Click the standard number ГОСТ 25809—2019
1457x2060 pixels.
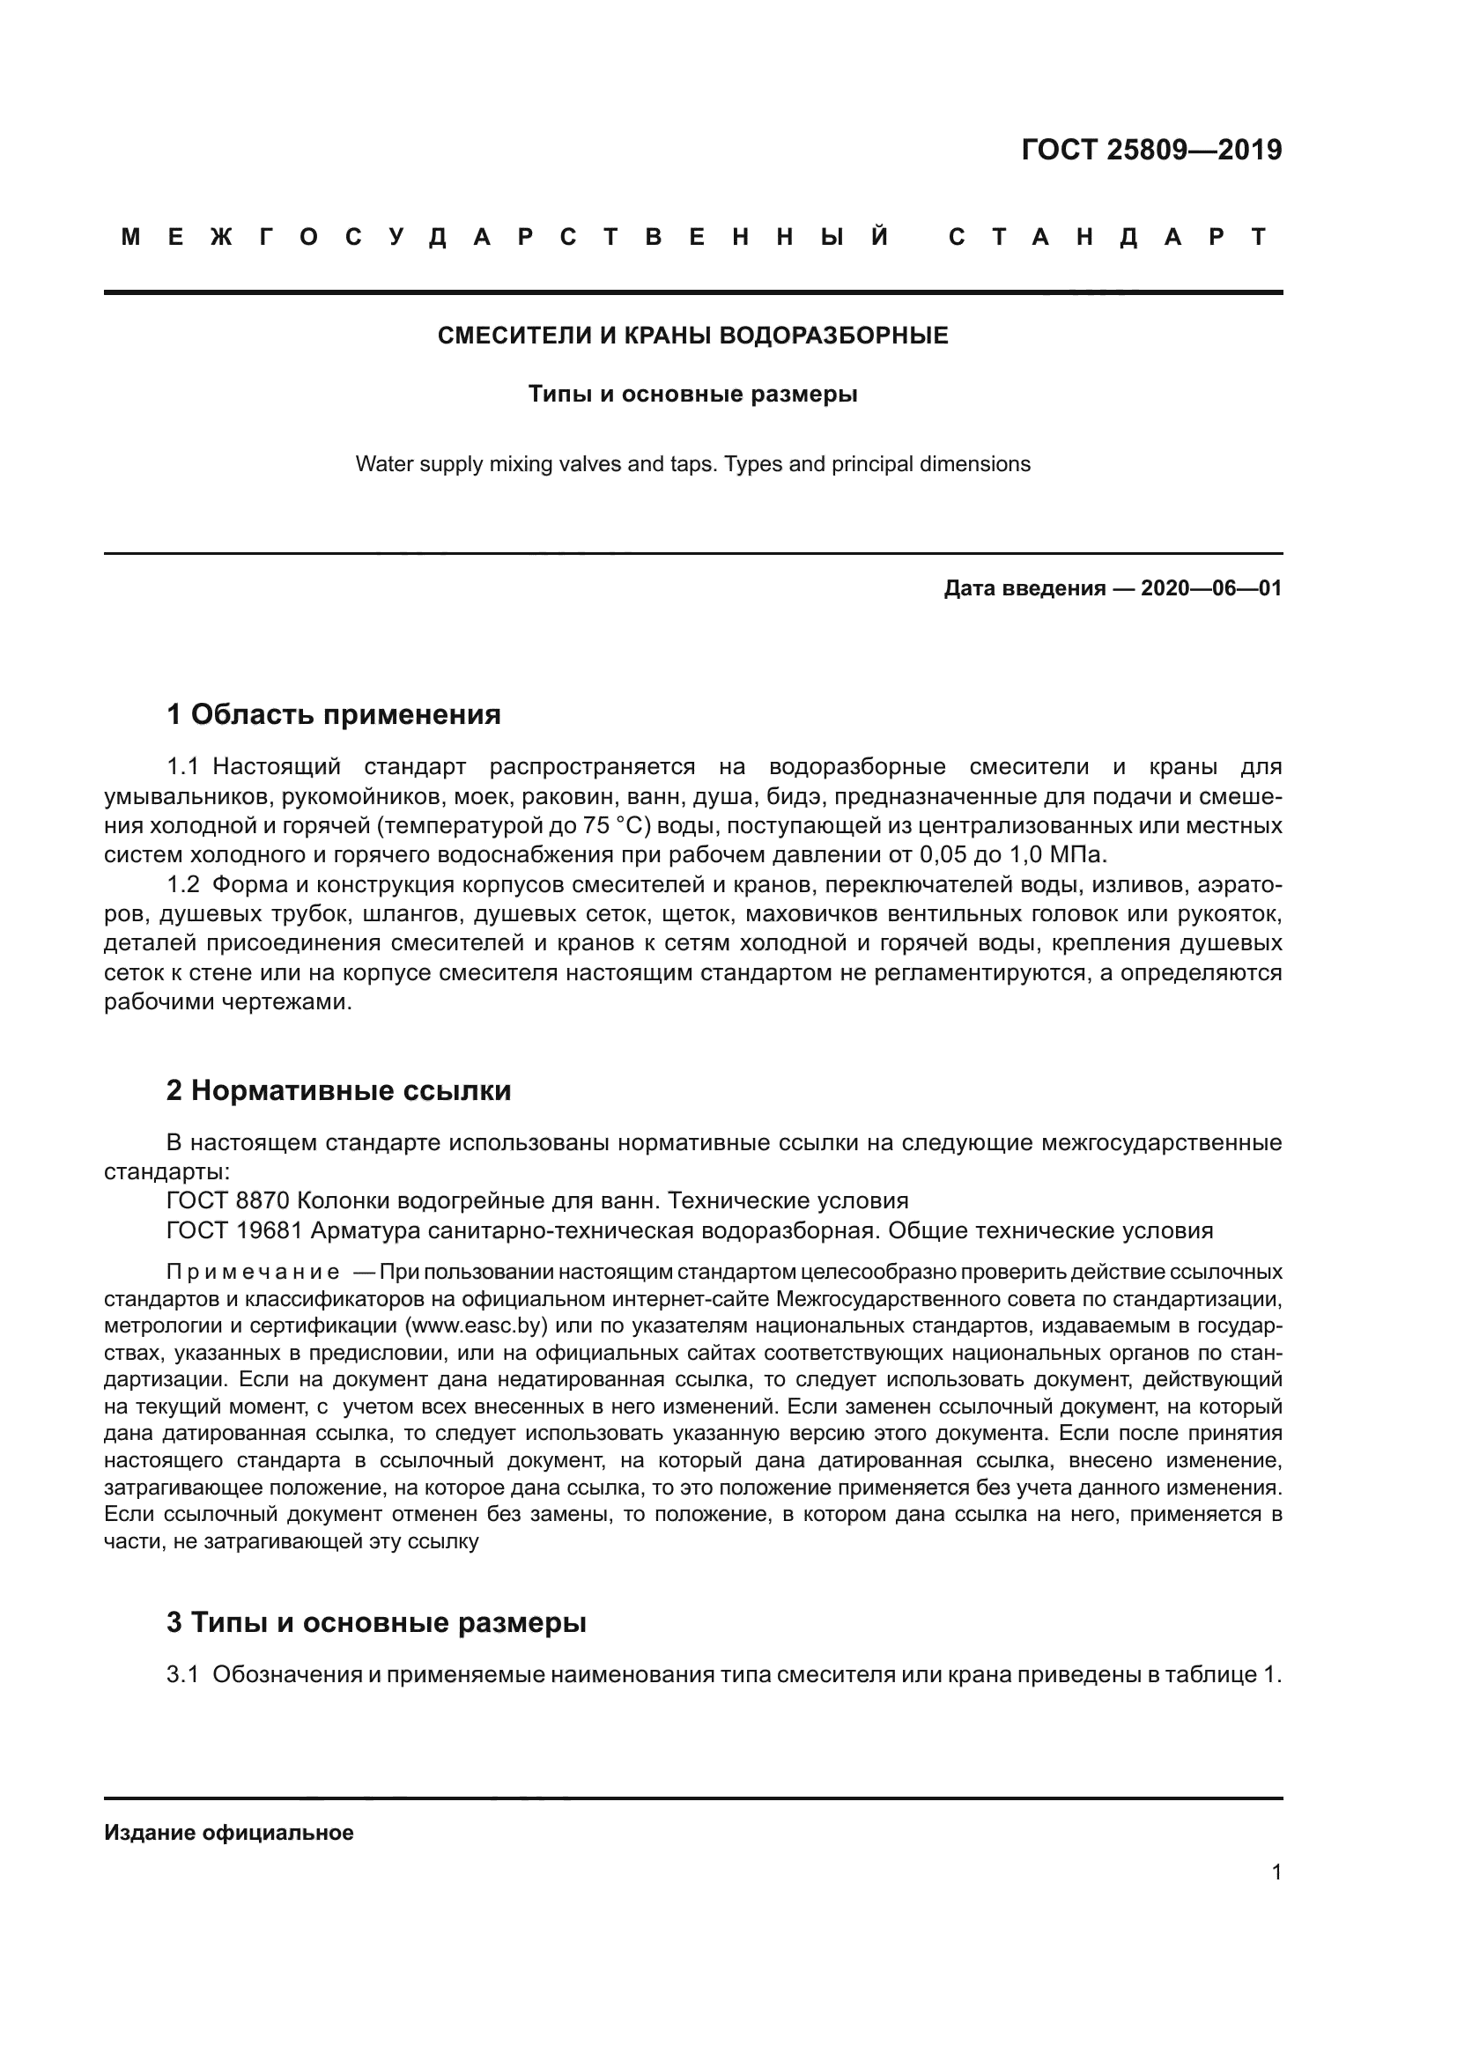point(1151,150)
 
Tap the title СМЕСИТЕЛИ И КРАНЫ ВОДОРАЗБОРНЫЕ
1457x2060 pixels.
point(692,336)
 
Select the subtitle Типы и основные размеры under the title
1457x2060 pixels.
point(692,394)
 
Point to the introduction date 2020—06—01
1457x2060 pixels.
point(1211,588)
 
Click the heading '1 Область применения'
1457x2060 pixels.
point(333,714)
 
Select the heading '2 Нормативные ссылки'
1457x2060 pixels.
point(338,1090)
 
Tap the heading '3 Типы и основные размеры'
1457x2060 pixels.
point(376,1622)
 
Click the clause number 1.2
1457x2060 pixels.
point(183,884)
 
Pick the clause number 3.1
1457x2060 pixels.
point(182,1674)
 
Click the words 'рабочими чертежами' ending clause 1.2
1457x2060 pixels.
point(226,1002)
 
